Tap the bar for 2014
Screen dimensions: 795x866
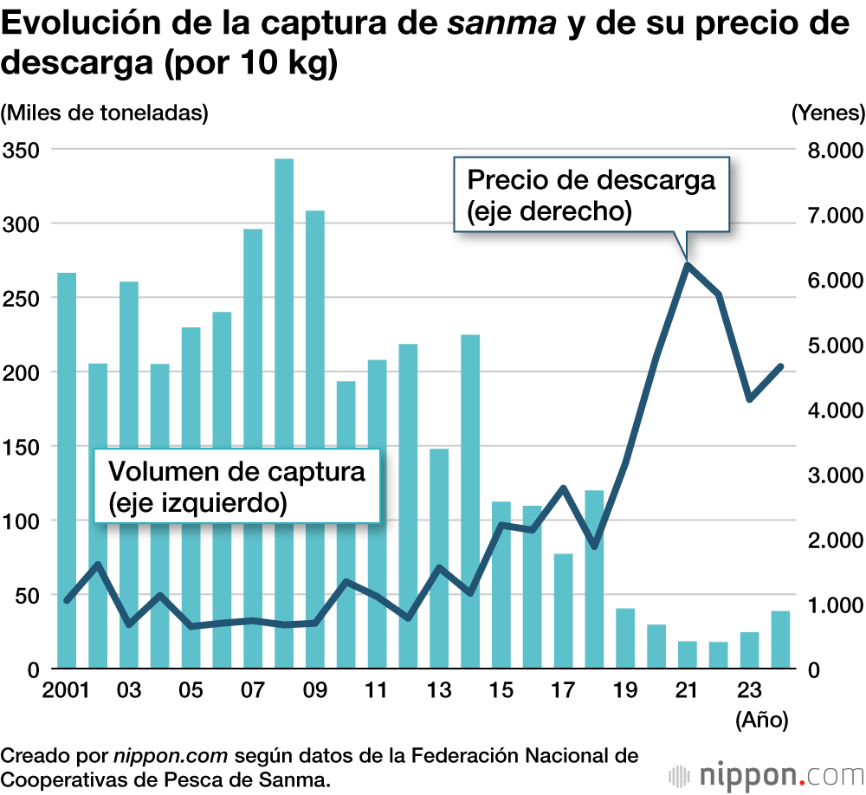(x=470, y=501)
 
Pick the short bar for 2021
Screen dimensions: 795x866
(x=688, y=655)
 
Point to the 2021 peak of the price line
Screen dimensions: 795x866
(x=688, y=264)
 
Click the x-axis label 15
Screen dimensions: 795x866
(x=501, y=692)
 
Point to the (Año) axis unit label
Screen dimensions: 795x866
(x=760, y=720)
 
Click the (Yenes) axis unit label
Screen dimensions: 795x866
(x=828, y=113)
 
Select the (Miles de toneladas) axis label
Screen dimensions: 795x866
(x=105, y=113)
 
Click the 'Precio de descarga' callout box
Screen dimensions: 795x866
(x=591, y=194)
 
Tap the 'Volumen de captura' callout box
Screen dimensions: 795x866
(x=236, y=486)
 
